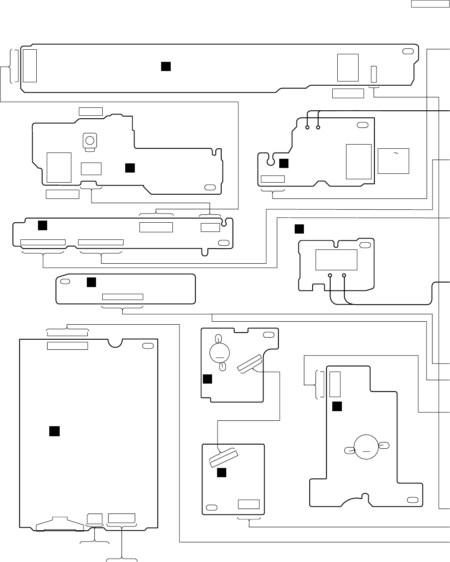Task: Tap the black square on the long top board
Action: click(x=166, y=66)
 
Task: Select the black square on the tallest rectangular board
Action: click(x=54, y=431)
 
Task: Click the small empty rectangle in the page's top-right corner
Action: click(x=430, y=4)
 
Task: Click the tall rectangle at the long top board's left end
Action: click(x=30, y=66)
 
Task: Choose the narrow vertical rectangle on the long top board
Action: click(x=374, y=74)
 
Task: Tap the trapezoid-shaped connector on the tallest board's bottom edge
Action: click(x=59, y=524)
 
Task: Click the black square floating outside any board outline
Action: click(x=299, y=229)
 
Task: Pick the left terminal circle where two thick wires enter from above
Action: click(x=308, y=127)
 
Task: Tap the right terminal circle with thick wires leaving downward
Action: click(x=344, y=275)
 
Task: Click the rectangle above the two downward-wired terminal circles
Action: click(x=336, y=260)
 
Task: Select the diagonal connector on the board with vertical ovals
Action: click(x=249, y=363)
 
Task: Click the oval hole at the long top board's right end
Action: click(x=407, y=51)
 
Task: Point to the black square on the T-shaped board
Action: click(x=337, y=406)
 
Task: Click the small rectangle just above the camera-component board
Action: click(x=91, y=111)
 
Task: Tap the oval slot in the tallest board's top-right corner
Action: click(x=148, y=346)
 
